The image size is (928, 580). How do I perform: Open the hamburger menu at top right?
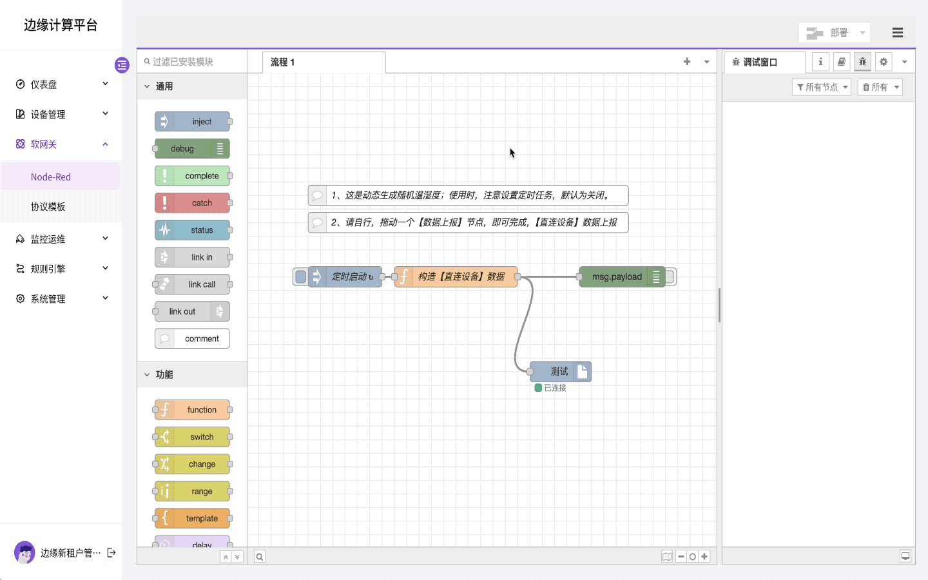897,33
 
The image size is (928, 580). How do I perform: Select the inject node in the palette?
193,122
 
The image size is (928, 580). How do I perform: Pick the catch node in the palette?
193,203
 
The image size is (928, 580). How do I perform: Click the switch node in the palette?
193,437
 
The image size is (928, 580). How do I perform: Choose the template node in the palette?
193,519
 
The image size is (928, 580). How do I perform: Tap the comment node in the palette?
193,339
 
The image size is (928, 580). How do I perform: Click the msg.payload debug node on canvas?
617,277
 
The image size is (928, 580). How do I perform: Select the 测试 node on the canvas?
559,372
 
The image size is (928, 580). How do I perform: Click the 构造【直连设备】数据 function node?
461,277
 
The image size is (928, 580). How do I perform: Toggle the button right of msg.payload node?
671,277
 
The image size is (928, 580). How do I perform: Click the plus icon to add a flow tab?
687,62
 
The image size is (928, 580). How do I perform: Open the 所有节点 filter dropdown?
822,87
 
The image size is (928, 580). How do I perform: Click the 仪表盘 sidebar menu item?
44,84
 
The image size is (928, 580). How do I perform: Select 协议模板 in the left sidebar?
48,207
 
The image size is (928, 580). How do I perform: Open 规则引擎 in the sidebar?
48,269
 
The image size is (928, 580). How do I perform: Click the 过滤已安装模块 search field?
193,62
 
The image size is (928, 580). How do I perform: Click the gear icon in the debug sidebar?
884,62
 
